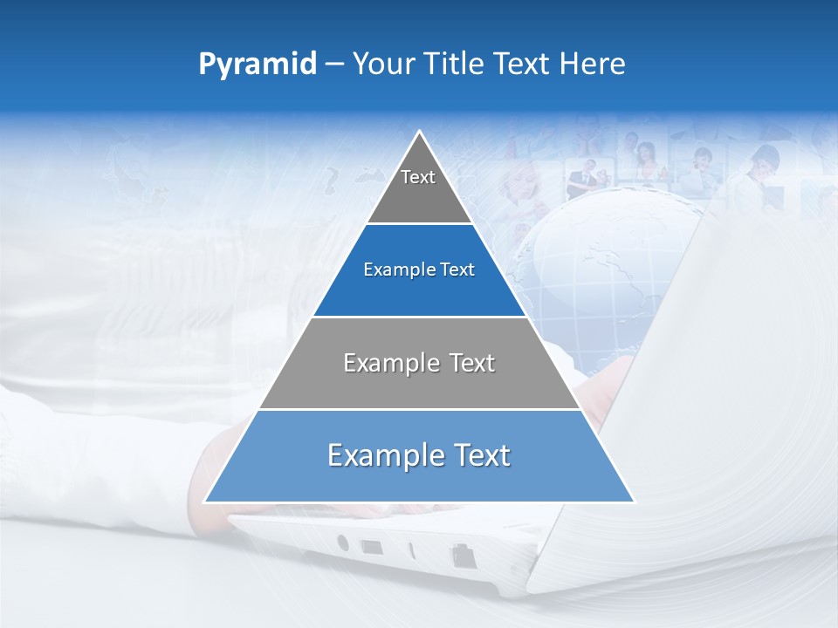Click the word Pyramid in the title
coord(257,64)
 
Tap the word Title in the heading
coord(455,64)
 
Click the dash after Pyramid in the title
coord(334,65)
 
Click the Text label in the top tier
coord(418,177)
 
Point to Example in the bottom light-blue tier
coord(381,455)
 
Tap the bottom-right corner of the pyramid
coord(633,502)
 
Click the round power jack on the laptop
coord(342,543)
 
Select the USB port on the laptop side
coord(371,548)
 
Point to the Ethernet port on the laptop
coord(461,556)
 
